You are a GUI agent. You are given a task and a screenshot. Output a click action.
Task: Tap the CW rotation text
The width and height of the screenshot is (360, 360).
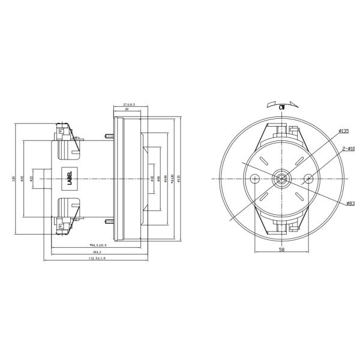(281, 106)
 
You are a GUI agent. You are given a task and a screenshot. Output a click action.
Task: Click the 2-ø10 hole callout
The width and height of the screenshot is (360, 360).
(348, 148)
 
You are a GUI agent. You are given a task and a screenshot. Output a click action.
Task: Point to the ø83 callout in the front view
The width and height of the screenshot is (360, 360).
(350, 204)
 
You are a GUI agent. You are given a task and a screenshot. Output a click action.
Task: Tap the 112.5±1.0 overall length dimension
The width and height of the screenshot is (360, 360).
(97, 259)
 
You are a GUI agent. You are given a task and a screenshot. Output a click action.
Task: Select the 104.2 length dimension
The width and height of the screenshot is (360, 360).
(97, 252)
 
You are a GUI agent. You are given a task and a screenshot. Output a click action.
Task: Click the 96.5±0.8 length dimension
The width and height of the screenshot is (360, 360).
(97, 245)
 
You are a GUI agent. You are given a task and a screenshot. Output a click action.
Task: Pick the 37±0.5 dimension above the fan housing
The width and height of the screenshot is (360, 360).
(128, 104)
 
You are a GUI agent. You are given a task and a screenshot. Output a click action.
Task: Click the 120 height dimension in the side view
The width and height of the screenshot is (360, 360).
(14, 178)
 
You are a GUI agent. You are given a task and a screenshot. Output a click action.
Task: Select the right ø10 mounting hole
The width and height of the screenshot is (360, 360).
(308, 178)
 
